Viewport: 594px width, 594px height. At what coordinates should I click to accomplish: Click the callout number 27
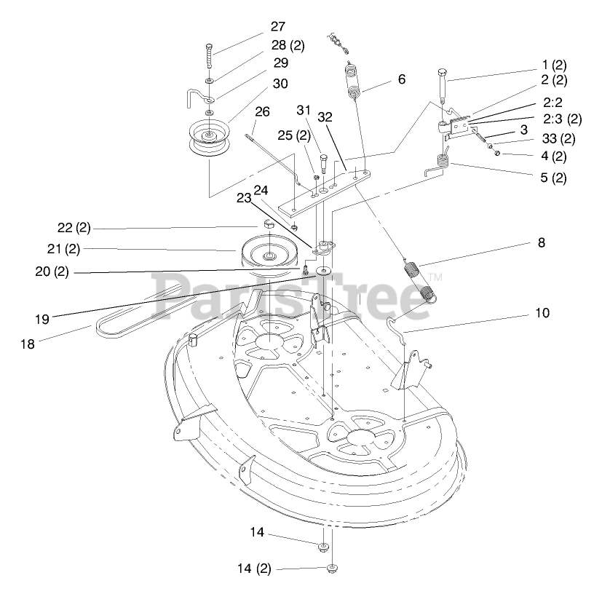(x=277, y=26)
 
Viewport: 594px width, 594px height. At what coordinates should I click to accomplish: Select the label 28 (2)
(x=287, y=45)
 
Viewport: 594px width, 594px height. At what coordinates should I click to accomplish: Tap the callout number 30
(x=280, y=84)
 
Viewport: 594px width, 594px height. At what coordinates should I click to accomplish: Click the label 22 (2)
(x=74, y=228)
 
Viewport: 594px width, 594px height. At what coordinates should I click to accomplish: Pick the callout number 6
(x=401, y=79)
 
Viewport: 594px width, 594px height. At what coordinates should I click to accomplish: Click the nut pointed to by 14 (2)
(x=332, y=568)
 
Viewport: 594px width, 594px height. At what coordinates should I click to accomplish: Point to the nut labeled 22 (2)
(x=267, y=223)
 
